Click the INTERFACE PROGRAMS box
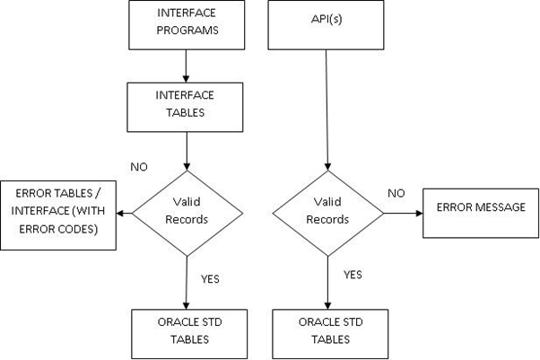tap(184, 26)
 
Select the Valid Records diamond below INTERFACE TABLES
tap(186, 213)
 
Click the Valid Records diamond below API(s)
tap(327, 213)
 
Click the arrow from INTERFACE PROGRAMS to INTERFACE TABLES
tap(184, 65)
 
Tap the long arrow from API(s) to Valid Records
tap(327, 108)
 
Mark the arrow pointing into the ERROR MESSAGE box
tap(403, 213)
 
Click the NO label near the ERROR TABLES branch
tap(140, 166)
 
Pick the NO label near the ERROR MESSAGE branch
tap(396, 193)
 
